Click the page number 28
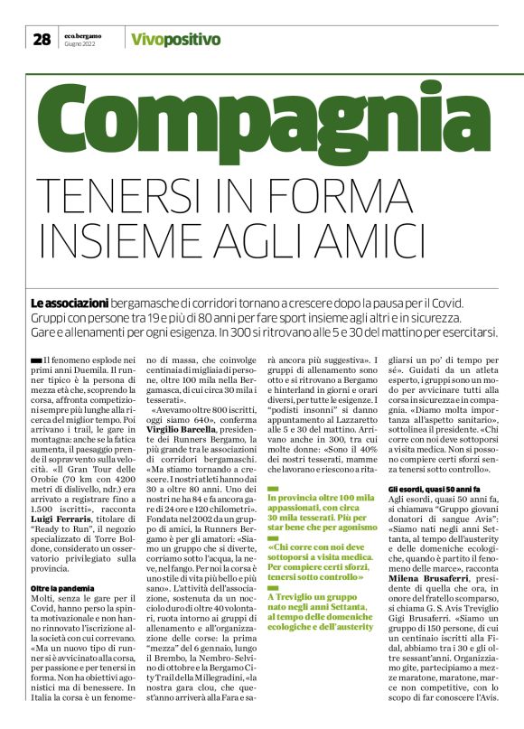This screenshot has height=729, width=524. coord(41,39)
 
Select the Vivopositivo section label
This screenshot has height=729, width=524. coord(175,39)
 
